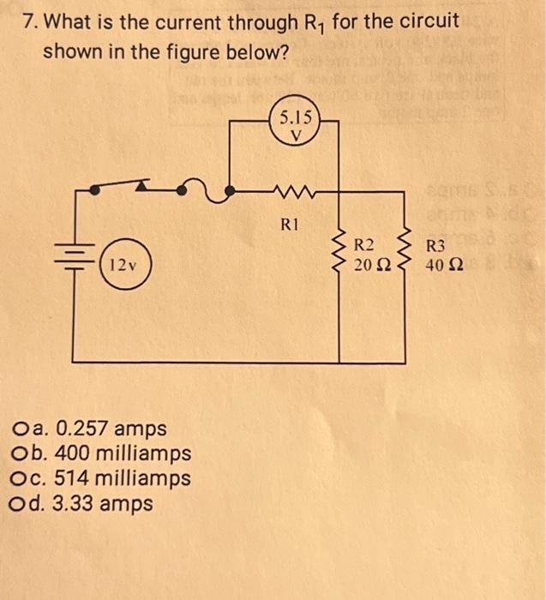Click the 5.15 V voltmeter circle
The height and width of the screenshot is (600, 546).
click(x=294, y=126)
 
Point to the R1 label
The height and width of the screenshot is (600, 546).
click(x=291, y=225)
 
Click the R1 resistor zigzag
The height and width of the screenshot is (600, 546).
click(x=289, y=191)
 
